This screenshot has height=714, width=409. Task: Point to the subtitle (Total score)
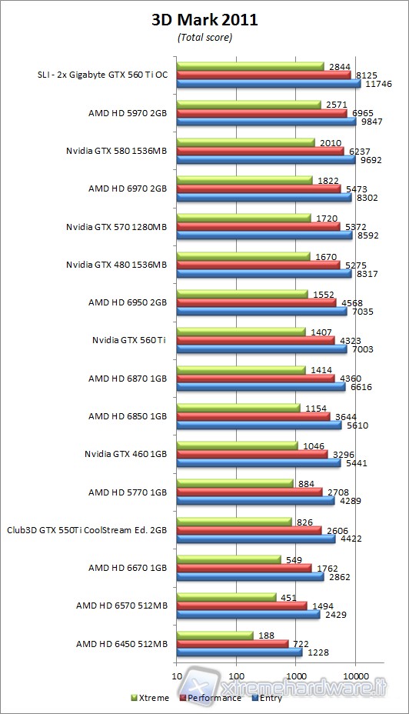click(204, 37)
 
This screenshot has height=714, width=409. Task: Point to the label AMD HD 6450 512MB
click(121, 643)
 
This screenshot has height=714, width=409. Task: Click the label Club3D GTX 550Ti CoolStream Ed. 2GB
click(87, 529)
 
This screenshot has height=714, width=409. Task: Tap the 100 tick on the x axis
click(236, 676)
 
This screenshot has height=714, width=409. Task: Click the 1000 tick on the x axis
click(295, 676)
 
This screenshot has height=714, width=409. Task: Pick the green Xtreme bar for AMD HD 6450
click(214, 635)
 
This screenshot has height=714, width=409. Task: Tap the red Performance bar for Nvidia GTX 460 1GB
click(251, 454)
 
